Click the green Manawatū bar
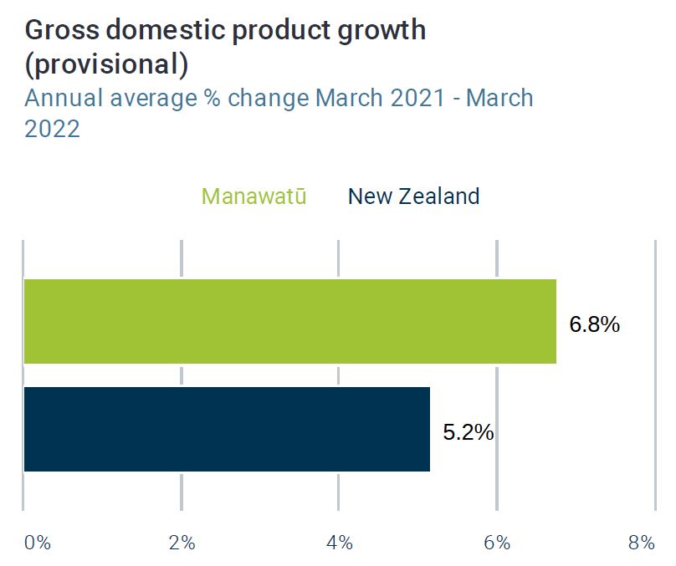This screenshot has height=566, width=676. point(290,321)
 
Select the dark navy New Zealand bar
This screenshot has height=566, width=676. point(227,429)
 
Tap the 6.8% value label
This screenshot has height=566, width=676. point(595,324)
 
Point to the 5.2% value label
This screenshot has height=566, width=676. point(469,431)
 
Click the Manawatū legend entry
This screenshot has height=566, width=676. point(254,196)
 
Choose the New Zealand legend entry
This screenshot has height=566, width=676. point(414,196)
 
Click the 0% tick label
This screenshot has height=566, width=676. point(38,543)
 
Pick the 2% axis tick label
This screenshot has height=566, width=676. point(182,543)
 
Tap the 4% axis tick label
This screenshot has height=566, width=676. point(340,543)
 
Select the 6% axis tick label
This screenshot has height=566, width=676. point(497,543)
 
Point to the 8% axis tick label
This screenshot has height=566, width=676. point(642,543)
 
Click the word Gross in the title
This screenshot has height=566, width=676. point(62,30)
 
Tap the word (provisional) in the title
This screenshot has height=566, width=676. point(106,64)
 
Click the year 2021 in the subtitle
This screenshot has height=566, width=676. point(417,98)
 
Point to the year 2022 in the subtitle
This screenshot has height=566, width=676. point(52,129)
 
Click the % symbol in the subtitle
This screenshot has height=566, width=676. point(212,98)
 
